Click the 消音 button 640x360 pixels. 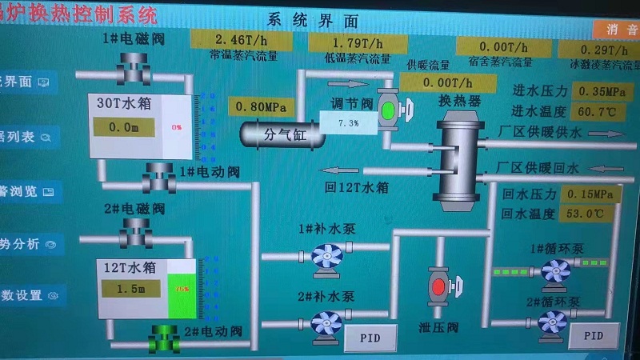coord(617,29)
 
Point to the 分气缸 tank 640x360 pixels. coord(284,134)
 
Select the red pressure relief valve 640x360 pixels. coord(438,285)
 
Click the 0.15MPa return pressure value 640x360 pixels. coord(591,194)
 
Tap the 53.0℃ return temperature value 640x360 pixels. coord(591,214)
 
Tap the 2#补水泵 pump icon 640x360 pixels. coord(326,323)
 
